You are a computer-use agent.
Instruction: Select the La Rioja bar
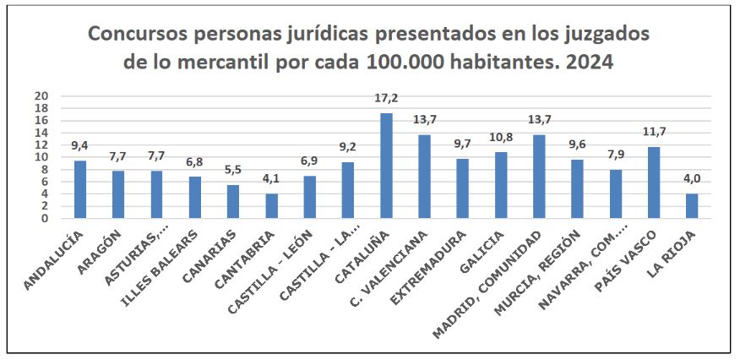(692, 206)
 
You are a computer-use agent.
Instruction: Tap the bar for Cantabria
(271, 206)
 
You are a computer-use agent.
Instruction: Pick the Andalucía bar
(80, 189)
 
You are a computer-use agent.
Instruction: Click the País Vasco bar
(654, 183)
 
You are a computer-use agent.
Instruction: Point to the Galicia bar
(501, 185)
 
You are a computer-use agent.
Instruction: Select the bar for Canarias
(233, 201)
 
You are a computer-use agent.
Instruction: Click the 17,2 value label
(386, 99)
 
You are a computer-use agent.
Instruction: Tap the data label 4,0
(692, 179)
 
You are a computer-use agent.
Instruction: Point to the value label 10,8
(501, 138)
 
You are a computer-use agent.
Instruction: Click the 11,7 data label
(654, 133)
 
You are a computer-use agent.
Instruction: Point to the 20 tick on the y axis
(41, 96)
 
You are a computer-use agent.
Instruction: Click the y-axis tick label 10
(41, 157)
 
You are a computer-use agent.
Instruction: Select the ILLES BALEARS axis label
(168, 261)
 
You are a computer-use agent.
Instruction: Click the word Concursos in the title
(141, 35)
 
